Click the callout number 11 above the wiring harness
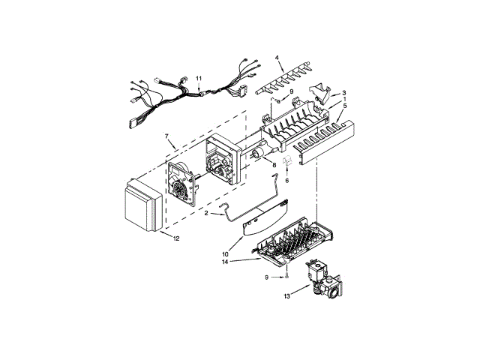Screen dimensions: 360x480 click(199, 79)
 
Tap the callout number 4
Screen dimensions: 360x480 click(276, 58)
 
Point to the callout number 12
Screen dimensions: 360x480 click(176, 239)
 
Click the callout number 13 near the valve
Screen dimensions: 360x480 click(286, 297)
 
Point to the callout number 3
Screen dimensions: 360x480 click(344, 93)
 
